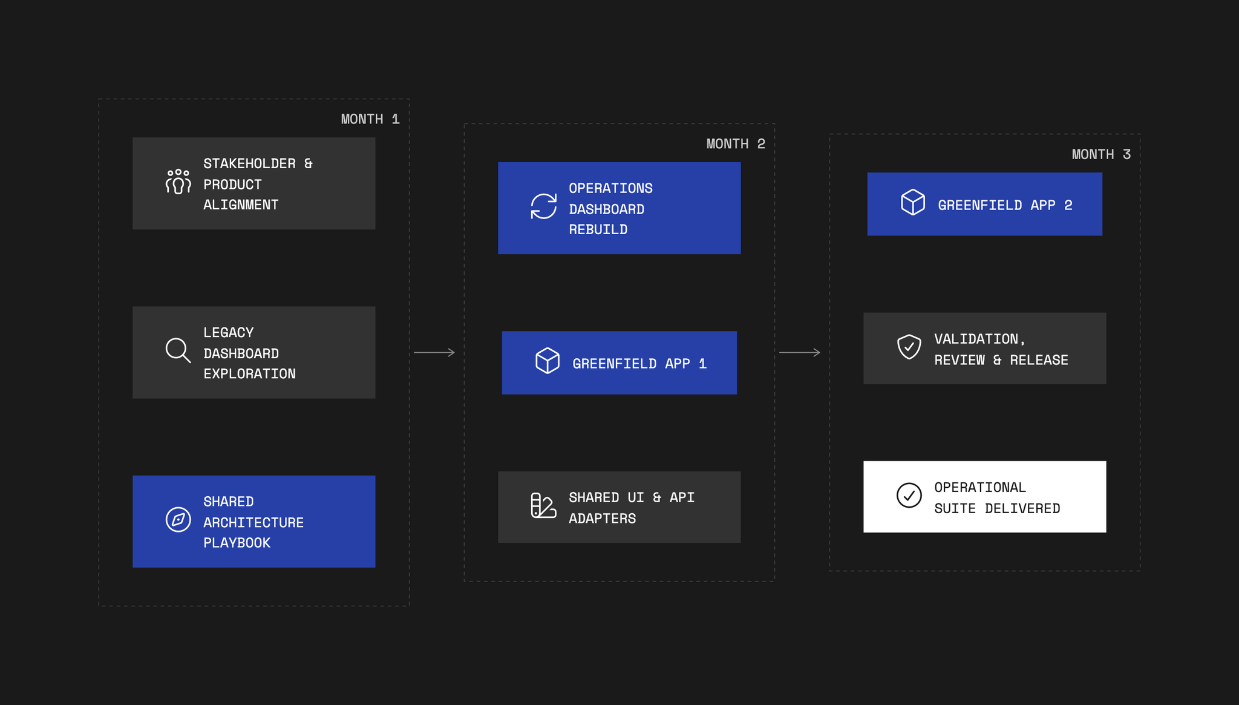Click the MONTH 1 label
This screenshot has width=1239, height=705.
(x=370, y=119)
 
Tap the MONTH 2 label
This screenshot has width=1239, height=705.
(x=736, y=144)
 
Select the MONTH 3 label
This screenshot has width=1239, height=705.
(x=1101, y=154)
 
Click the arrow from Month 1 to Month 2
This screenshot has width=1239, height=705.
(x=434, y=352)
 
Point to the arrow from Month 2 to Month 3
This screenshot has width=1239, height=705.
(x=800, y=352)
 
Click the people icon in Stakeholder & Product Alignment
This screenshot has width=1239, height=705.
(x=178, y=182)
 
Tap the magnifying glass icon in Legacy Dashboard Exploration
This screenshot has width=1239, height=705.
(x=178, y=350)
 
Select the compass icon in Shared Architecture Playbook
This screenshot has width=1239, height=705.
(x=178, y=520)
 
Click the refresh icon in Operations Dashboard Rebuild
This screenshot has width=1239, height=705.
(x=544, y=206)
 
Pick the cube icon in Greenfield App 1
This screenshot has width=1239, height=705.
(x=548, y=361)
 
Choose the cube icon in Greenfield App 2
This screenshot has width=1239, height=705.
(x=913, y=202)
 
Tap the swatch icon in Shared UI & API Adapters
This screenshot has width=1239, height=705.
(x=544, y=505)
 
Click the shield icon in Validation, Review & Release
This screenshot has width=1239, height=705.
(x=909, y=347)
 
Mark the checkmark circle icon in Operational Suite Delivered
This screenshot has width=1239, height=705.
(x=909, y=495)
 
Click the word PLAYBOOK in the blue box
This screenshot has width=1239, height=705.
(x=237, y=543)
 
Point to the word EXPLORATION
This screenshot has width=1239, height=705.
(x=250, y=374)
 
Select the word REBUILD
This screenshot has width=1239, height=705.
(x=598, y=230)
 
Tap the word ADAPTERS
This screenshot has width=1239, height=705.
(x=603, y=519)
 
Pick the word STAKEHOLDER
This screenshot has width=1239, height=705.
(x=250, y=163)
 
